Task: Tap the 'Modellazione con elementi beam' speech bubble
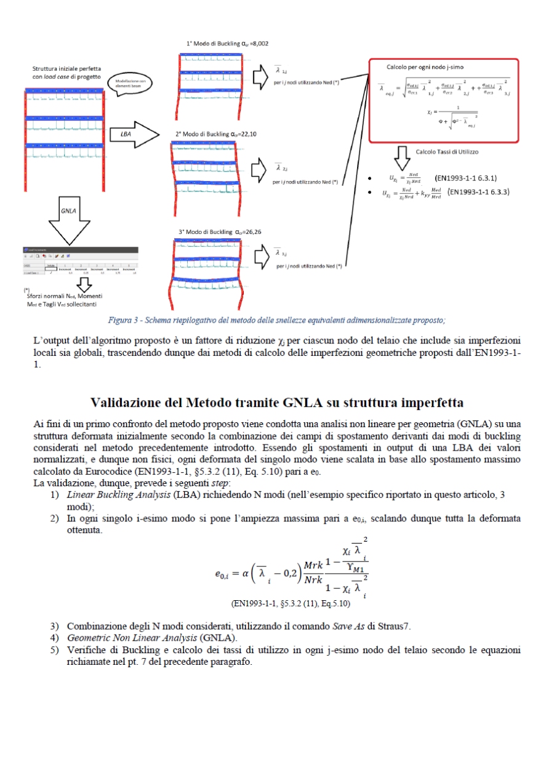(130, 84)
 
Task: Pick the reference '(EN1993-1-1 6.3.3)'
(481, 192)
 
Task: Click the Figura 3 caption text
(276, 319)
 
